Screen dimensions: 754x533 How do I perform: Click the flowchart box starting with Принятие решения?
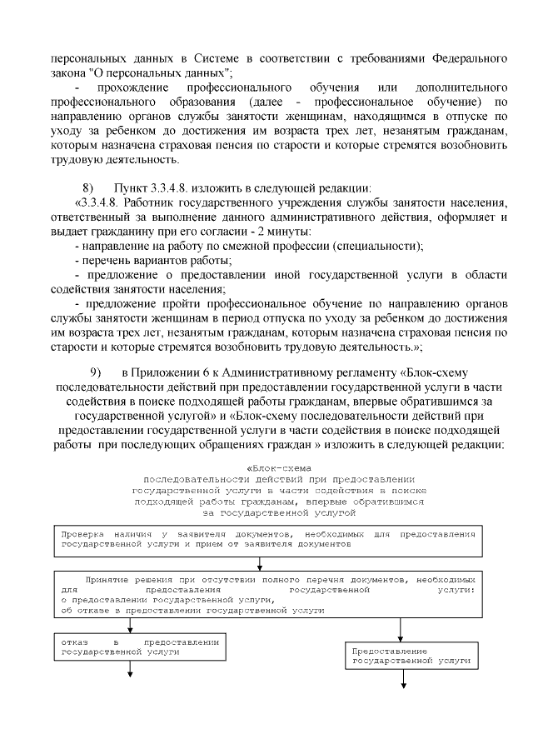268,593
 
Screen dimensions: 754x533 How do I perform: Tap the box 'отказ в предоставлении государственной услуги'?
136,647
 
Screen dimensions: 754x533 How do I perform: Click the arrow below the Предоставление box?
404,678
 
